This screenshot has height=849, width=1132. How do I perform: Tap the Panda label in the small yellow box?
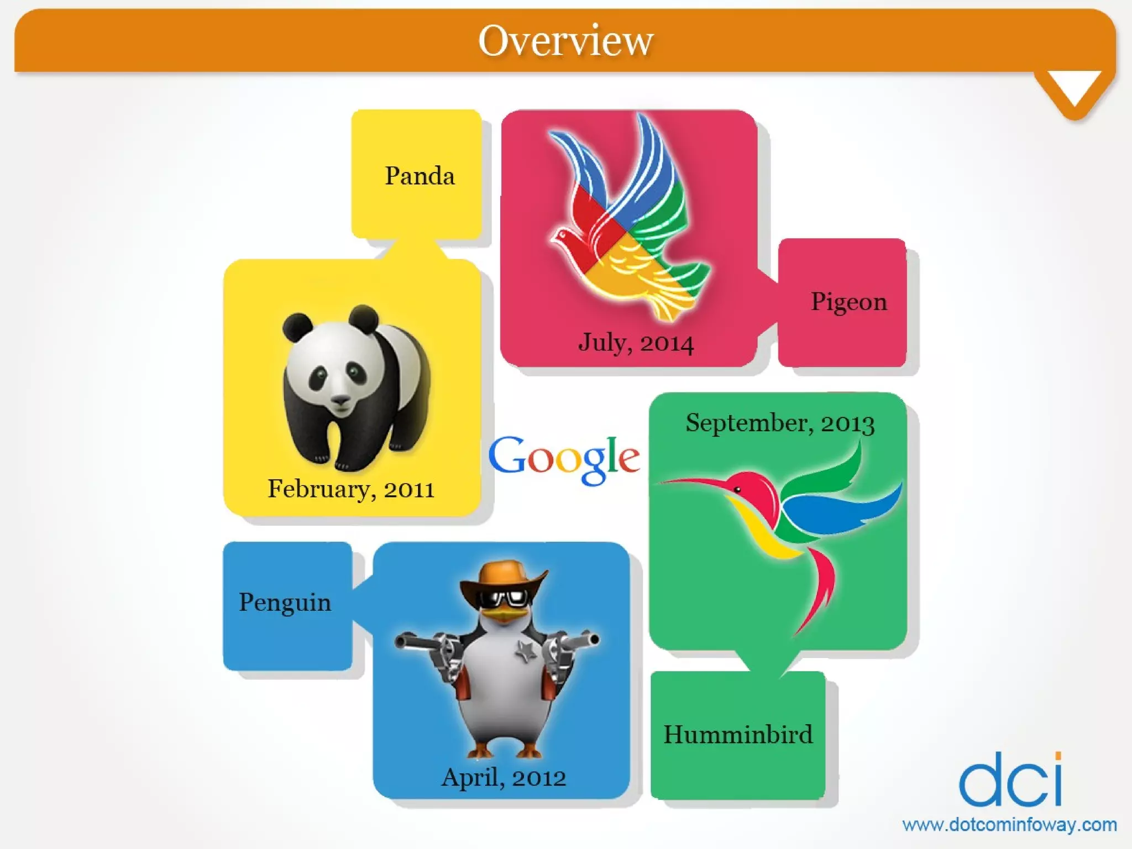coord(420,176)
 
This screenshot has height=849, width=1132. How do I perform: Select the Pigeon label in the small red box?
coord(848,302)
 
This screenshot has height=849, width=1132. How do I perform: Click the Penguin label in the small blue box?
coord(285,602)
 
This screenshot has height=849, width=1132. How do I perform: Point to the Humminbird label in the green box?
coord(738,735)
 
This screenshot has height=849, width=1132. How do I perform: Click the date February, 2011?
coord(351,489)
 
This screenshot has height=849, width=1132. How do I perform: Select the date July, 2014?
coord(636,342)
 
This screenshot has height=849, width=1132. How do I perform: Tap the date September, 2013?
coord(780,423)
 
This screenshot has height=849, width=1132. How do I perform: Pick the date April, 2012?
coord(504,777)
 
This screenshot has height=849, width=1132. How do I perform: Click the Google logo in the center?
coord(564,458)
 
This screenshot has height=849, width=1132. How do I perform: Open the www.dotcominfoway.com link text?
coord(1009,825)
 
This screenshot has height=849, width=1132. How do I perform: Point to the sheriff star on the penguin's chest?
coord(526,652)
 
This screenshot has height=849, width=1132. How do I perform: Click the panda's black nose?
coord(339,399)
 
